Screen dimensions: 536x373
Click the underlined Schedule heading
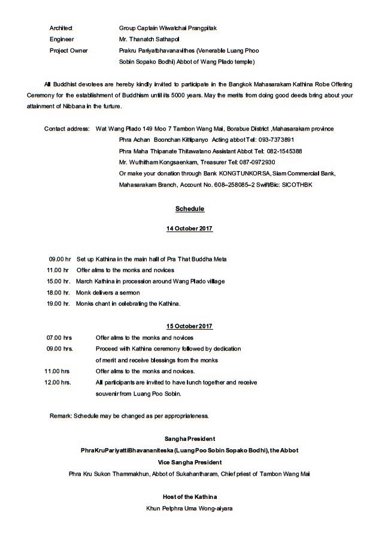click(190, 209)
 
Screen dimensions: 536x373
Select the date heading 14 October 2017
click(189, 229)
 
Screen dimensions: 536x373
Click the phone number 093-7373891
click(289, 140)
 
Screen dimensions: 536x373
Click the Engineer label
click(62, 39)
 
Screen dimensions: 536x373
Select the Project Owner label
click(69, 51)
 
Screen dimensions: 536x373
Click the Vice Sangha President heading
click(189, 462)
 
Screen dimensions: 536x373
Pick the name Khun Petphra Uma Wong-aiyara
click(189, 509)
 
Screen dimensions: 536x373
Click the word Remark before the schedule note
click(60, 415)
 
